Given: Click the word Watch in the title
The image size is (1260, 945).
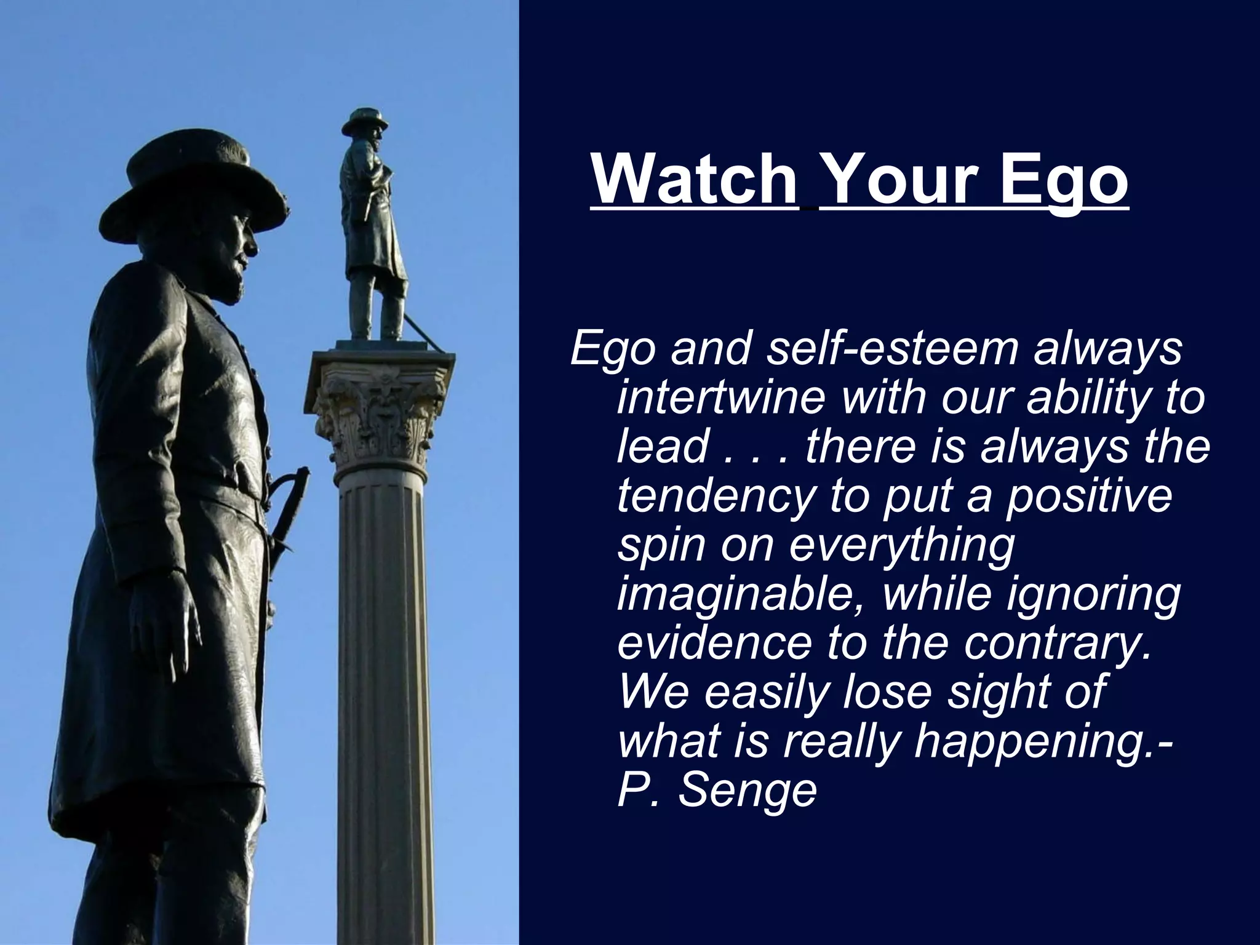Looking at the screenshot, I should coord(695,180).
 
